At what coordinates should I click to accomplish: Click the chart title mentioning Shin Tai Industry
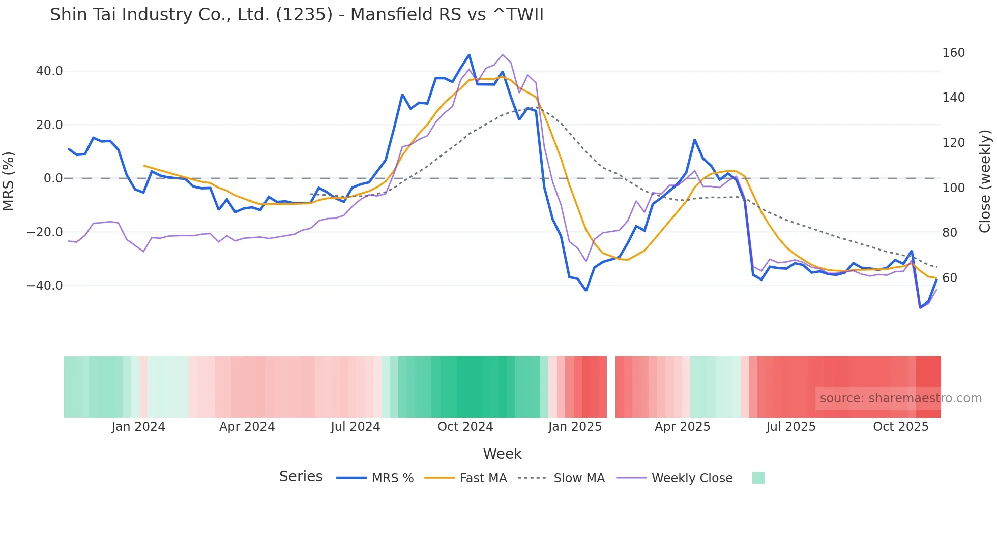click(x=297, y=15)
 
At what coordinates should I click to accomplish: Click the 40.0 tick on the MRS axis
click(x=49, y=71)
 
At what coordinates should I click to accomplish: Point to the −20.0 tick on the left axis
click(x=45, y=232)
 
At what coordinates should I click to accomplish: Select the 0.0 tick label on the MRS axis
click(x=53, y=178)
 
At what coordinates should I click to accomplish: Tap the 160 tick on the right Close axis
click(x=953, y=53)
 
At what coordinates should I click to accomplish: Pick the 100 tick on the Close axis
click(x=953, y=188)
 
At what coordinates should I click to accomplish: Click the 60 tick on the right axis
click(x=949, y=278)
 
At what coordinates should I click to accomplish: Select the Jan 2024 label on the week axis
click(x=138, y=427)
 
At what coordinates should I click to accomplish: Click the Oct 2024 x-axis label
click(x=465, y=427)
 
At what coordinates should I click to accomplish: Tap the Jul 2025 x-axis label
click(x=790, y=427)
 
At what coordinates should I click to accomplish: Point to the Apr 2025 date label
click(x=682, y=427)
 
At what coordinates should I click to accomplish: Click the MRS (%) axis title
click(x=9, y=181)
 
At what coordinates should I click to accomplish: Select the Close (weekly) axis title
click(x=985, y=181)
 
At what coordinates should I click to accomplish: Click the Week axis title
click(x=502, y=454)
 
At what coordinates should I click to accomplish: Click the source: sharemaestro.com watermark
click(x=900, y=398)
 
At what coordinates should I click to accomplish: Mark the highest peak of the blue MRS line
click(x=469, y=55)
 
